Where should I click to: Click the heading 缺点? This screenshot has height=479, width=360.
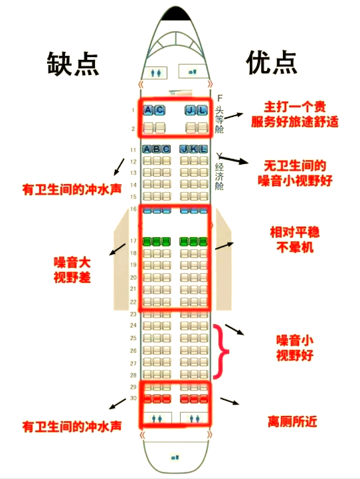tap(72, 64)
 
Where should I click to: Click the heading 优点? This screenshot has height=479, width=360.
tap(272, 62)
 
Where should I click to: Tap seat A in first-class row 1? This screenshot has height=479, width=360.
tap(148, 110)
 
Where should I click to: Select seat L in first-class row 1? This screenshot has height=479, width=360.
tap(203, 110)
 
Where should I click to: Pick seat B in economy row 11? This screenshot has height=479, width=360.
tap(157, 149)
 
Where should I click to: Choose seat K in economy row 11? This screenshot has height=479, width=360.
tap(194, 149)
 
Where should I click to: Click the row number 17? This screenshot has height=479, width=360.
tap(133, 241)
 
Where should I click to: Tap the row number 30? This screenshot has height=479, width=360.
tap(133, 398)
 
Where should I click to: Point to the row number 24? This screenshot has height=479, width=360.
tap(133, 326)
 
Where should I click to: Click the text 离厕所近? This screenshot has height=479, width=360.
tap(292, 422)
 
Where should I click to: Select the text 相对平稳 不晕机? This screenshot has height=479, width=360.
tap(295, 239)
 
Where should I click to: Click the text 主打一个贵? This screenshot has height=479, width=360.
tap(295, 107)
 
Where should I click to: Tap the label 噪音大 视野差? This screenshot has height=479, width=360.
tap(72, 270)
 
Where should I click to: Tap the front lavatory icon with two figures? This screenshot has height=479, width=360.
tap(157, 73)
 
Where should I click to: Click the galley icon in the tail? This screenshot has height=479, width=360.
tap(175, 457)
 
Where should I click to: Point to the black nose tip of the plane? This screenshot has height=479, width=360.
tap(175, 14)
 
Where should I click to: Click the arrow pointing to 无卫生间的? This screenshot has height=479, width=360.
tap(234, 159)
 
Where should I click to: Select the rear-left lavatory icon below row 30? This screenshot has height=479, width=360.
tap(157, 419)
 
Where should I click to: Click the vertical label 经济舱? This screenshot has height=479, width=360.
tap(219, 176)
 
